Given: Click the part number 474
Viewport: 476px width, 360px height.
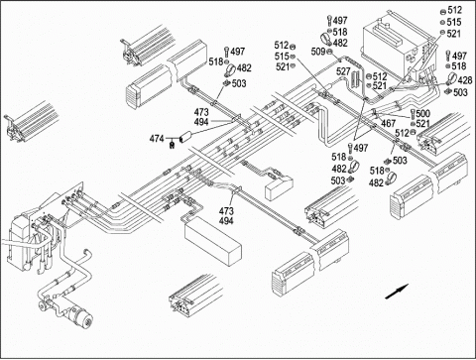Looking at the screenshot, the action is [x=157, y=139].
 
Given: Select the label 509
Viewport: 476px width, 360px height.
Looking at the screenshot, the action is [x=318, y=52].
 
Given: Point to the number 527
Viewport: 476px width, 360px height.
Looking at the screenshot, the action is [x=343, y=71].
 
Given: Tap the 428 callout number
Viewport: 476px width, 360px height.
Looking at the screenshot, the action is [x=465, y=80].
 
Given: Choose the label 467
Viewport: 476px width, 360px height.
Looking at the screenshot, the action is [x=389, y=123].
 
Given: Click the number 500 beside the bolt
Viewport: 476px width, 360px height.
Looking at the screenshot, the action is [x=423, y=114].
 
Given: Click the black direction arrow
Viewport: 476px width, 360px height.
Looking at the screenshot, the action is [x=397, y=292].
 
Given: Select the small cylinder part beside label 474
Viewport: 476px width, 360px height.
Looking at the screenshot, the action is [x=185, y=137].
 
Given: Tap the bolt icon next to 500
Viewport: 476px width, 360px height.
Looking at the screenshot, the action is [x=413, y=114].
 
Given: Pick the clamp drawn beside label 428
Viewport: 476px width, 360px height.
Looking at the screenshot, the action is [x=450, y=79].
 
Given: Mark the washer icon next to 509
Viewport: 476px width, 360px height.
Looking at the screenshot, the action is [x=329, y=52].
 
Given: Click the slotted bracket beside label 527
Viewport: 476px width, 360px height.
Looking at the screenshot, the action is [x=356, y=78].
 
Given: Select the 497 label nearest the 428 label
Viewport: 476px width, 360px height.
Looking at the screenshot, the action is [x=459, y=56].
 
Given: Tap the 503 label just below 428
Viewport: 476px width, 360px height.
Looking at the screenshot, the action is [x=460, y=92].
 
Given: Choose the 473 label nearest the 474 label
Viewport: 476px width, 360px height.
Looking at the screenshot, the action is [x=201, y=112].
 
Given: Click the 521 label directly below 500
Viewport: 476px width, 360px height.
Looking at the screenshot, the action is [x=423, y=124].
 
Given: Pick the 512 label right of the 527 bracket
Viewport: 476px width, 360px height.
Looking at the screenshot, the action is [x=380, y=76].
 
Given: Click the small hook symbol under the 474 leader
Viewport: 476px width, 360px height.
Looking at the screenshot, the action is [x=172, y=145].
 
